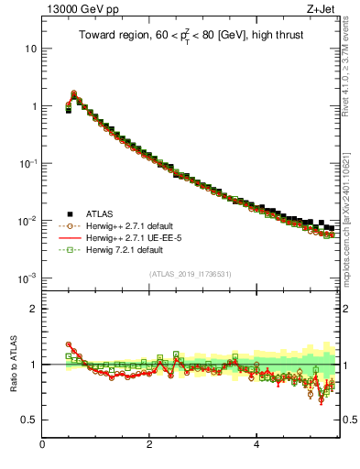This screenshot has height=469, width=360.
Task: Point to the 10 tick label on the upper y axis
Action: click(x=28, y=48)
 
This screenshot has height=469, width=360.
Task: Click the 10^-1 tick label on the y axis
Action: click(x=27, y=163)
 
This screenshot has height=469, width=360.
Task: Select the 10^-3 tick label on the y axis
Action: click(x=27, y=278)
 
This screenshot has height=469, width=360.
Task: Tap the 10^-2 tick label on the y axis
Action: click(x=27, y=220)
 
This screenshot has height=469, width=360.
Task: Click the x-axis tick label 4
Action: click(x=256, y=445)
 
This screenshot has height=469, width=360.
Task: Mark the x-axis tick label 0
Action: click(x=42, y=445)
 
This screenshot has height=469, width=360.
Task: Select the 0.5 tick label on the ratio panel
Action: click(x=29, y=420)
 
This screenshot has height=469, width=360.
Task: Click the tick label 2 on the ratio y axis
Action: click(x=33, y=308)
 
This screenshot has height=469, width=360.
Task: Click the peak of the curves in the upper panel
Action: click(x=74, y=93)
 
